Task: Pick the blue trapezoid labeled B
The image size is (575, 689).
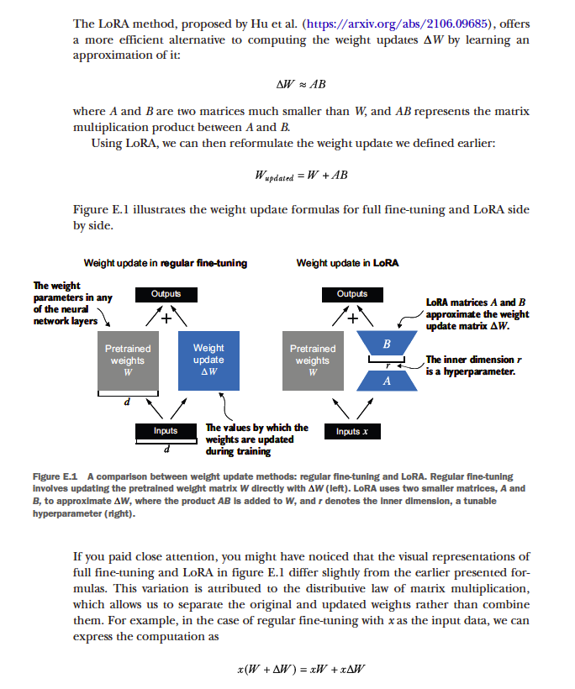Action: pyautogui.click(x=386, y=345)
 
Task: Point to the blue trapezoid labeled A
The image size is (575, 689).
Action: pyautogui.click(x=386, y=380)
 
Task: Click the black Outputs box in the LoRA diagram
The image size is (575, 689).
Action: pyautogui.click(x=352, y=294)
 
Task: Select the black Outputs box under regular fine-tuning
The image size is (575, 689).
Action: pyautogui.click(x=166, y=294)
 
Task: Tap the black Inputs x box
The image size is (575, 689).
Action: pyautogui.click(x=352, y=431)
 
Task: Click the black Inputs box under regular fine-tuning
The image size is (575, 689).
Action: pyautogui.click(x=166, y=430)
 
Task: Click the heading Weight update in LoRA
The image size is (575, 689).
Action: pyautogui.click(x=347, y=263)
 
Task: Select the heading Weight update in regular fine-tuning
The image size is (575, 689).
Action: pyautogui.click(x=166, y=263)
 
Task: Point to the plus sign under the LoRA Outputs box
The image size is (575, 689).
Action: pyautogui.click(x=353, y=318)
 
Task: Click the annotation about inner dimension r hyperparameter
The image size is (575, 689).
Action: pyautogui.click(x=471, y=366)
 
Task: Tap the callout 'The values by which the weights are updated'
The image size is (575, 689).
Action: pyautogui.click(x=256, y=439)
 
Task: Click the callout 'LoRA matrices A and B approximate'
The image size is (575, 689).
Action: pyautogui.click(x=477, y=313)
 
